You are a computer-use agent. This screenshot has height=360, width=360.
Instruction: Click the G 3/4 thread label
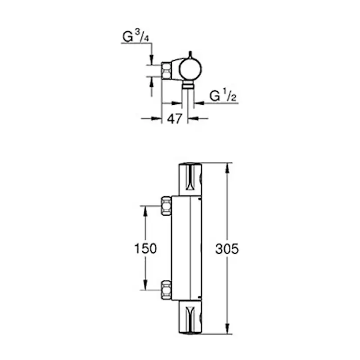[136, 37]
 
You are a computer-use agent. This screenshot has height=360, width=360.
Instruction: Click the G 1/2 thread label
[223, 95]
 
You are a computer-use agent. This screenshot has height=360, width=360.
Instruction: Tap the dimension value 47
[174, 119]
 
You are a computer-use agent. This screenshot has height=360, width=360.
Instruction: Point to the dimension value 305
[227, 249]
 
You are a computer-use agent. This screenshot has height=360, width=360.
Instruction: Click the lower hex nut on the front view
[166, 290]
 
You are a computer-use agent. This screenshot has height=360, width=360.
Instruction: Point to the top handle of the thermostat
[190, 179]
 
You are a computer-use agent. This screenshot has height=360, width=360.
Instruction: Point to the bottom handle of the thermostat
[190, 317]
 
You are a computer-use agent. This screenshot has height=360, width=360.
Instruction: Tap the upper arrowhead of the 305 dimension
[227, 167]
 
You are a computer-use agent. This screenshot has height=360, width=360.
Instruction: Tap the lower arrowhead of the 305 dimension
[227, 330]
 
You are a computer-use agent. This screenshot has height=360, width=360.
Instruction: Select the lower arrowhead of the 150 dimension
[145, 287]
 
